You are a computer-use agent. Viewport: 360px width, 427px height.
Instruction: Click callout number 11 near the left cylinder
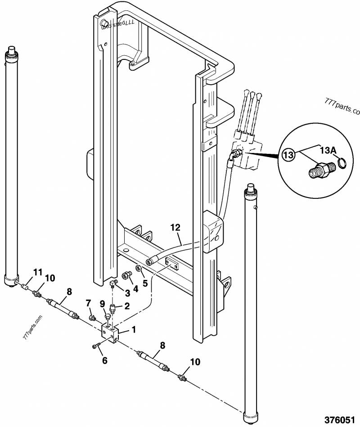(x=38, y=272)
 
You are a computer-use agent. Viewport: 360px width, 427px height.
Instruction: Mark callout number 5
(x=145, y=283)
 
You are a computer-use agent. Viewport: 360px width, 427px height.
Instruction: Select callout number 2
(x=127, y=306)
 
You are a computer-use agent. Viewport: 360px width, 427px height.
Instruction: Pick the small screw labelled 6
(x=96, y=345)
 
